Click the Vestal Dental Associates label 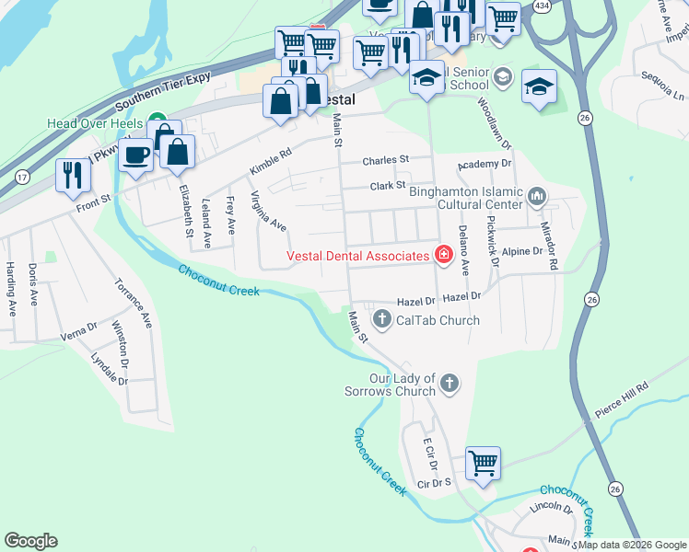click(x=358, y=256)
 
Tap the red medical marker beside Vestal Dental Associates click(x=443, y=255)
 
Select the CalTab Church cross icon click(x=382, y=319)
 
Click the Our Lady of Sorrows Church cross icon click(x=449, y=382)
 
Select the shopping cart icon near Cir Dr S click(x=483, y=463)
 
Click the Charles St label click(x=385, y=160)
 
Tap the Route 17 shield click(x=22, y=174)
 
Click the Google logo click(x=30, y=541)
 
